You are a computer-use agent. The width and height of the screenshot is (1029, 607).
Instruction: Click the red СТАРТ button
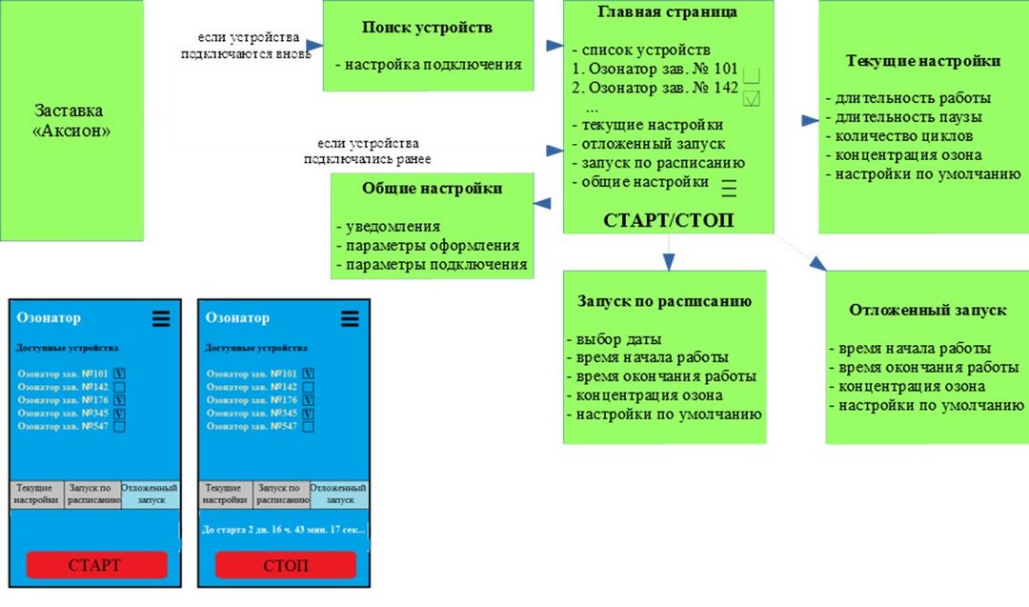click(x=96, y=565)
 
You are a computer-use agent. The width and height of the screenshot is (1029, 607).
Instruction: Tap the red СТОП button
click(x=286, y=565)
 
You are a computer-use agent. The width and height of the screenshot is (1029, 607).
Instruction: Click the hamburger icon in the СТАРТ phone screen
click(x=161, y=318)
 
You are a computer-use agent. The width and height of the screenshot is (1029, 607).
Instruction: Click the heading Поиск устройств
click(x=427, y=28)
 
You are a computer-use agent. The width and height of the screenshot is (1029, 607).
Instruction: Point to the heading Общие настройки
click(x=433, y=189)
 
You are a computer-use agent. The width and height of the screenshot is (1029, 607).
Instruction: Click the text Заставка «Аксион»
click(x=71, y=120)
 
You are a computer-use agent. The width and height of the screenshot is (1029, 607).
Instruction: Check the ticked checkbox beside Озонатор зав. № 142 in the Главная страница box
click(x=752, y=98)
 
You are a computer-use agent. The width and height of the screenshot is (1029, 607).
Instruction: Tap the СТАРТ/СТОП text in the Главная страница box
click(x=668, y=220)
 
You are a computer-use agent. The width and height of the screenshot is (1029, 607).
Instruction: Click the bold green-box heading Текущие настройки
click(x=922, y=61)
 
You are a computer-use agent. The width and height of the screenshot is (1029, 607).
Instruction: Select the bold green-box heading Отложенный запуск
click(x=927, y=310)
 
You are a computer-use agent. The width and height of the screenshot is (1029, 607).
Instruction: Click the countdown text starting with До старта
click(x=284, y=529)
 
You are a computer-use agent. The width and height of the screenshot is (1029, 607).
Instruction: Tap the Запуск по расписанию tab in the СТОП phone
click(x=283, y=495)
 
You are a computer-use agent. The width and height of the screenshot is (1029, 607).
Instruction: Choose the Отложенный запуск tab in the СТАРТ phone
click(x=150, y=495)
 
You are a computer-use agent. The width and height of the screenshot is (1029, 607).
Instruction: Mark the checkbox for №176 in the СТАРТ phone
click(x=119, y=400)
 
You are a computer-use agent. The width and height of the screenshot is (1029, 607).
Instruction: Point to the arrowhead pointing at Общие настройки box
click(x=542, y=203)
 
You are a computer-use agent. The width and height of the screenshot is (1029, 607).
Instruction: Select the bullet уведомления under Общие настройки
click(x=389, y=227)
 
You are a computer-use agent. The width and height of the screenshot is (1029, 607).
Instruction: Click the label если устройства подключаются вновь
click(x=247, y=46)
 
